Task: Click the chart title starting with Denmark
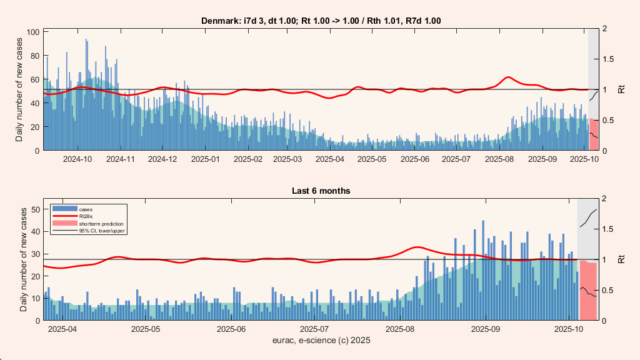coord(321,21)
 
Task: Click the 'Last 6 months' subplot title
coord(321,190)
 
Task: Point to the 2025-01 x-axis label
coord(205,159)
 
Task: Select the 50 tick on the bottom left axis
coord(36,209)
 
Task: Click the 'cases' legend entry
coord(86,208)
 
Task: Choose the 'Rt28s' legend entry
coord(86,216)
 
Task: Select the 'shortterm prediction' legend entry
coord(101,223)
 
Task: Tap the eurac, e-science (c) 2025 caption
coord(321,341)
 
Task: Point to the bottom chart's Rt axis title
coord(621,259)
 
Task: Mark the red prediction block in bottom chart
coord(588,291)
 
